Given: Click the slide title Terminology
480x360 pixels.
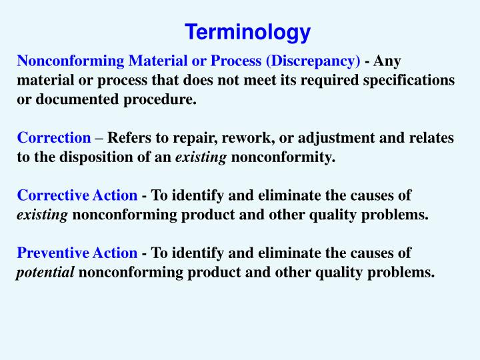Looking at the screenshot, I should [247, 32].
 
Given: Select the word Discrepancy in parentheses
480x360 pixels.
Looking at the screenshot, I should [313, 61].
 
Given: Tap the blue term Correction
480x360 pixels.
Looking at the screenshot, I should [54, 138].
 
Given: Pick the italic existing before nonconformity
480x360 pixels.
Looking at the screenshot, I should [201, 157].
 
